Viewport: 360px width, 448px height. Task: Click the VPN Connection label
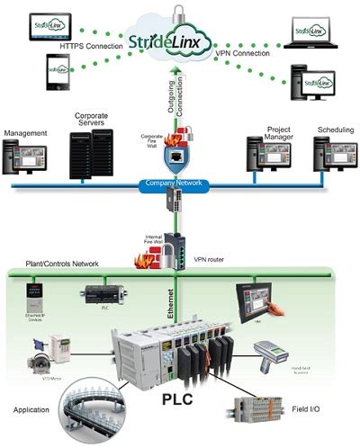pyautogui.click(x=249, y=54)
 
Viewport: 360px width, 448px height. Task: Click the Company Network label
pyautogui.click(x=176, y=184)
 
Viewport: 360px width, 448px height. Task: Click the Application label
pyautogui.click(x=31, y=409)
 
